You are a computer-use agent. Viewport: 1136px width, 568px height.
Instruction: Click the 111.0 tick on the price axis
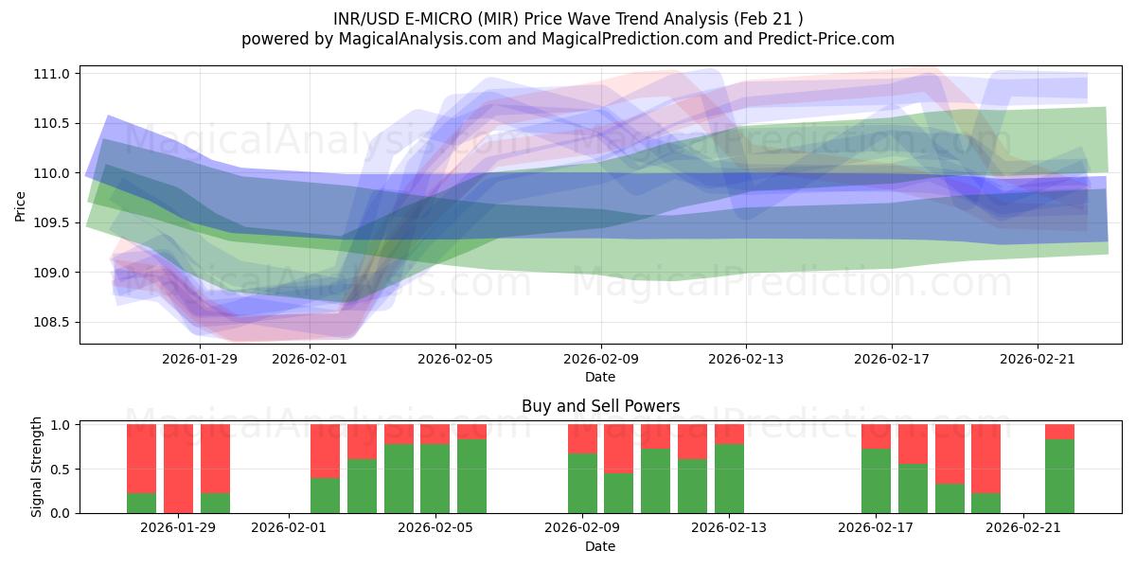(x=54, y=74)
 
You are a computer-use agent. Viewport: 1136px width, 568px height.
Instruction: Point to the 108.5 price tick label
(x=54, y=323)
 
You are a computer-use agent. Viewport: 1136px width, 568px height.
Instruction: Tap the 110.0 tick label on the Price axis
(x=54, y=173)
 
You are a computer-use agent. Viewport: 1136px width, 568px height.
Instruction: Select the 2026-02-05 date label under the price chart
(x=455, y=359)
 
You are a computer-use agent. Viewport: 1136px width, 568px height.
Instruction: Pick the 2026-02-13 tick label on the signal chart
(x=729, y=528)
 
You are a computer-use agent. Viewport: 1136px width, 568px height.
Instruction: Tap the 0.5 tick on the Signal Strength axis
(x=61, y=470)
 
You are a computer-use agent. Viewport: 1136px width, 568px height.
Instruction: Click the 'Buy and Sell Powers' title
(x=600, y=406)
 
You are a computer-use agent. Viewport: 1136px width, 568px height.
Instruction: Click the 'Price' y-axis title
(x=21, y=204)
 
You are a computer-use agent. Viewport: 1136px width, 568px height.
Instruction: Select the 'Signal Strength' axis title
(x=36, y=467)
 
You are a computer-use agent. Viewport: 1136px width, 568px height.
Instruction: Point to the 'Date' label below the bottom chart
(x=600, y=546)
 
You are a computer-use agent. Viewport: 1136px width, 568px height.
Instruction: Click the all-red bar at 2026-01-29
(x=178, y=469)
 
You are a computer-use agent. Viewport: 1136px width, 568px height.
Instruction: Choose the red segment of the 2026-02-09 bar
(x=582, y=439)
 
